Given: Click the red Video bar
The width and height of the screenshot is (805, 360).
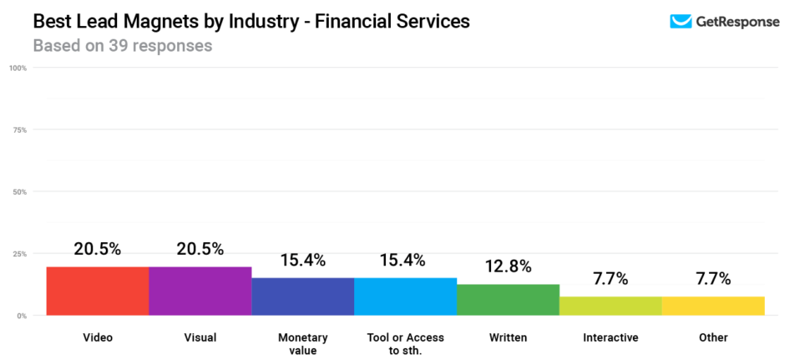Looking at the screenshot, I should (98, 291).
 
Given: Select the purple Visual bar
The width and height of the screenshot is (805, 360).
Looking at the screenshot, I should (200, 291).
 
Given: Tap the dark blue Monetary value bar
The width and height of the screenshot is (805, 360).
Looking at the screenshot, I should (303, 297).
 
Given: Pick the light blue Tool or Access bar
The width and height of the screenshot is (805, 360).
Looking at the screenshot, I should (406, 297).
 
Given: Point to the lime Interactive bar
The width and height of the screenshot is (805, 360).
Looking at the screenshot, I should (610, 306).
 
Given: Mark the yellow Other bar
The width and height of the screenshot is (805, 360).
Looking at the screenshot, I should (713, 306).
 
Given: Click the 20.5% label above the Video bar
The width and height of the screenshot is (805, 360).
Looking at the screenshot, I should (98, 249).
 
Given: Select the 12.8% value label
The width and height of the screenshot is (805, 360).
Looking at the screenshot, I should (509, 266).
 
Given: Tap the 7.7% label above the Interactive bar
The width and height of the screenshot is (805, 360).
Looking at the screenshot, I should (610, 279).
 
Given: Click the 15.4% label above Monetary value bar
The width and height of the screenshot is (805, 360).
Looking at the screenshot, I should (303, 260).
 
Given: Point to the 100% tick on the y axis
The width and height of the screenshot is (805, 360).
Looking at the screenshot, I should (18, 68).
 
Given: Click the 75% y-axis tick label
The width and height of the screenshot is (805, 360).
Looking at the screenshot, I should (20, 129).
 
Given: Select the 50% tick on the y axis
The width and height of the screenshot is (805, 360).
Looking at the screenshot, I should (20, 191).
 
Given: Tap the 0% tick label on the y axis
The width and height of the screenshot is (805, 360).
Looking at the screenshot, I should (22, 315).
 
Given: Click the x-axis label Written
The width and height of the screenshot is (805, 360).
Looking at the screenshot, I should (509, 337).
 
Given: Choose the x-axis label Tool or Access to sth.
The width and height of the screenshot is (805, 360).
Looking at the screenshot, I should (406, 343).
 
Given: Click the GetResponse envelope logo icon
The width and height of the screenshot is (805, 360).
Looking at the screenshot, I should (681, 22).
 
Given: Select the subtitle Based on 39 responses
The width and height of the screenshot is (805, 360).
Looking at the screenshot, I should (122, 45).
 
